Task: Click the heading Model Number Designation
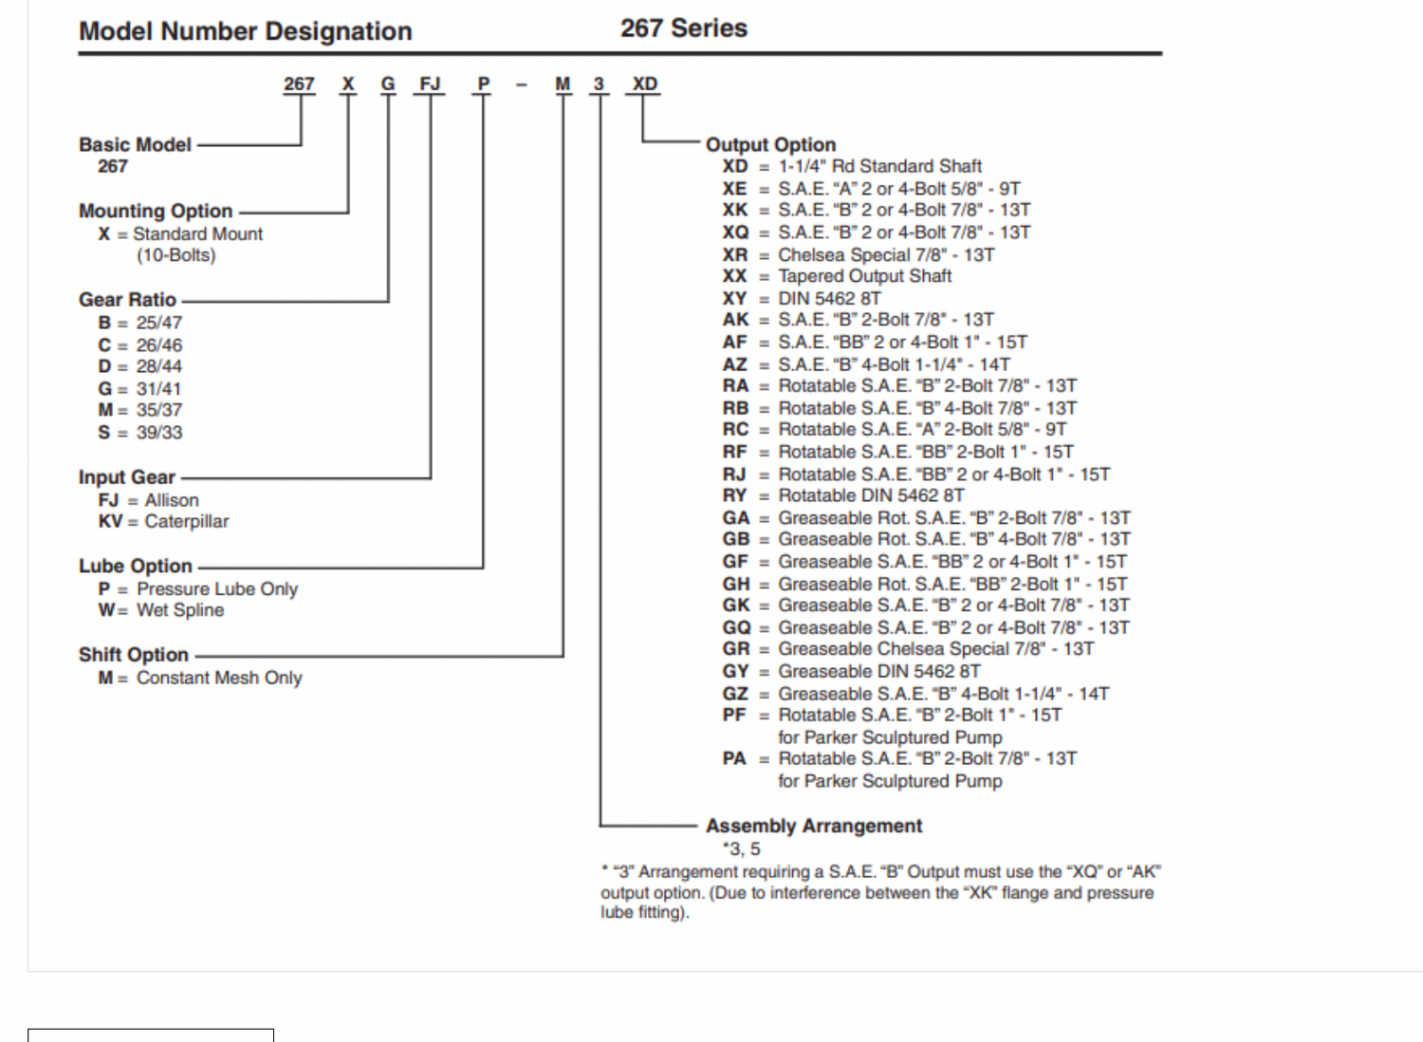point(245,31)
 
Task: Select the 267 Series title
point(683,28)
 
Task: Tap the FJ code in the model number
point(430,84)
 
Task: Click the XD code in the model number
point(644,84)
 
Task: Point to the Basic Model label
point(135,145)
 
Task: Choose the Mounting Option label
point(156,211)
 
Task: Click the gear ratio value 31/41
point(158,389)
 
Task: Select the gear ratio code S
point(104,433)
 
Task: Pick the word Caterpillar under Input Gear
point(187,521)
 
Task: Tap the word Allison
point(172,500)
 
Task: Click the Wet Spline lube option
point(180,610)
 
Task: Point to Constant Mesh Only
point(219,678)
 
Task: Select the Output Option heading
point(770,145)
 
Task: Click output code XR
point(734,255)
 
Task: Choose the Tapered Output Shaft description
point(864,276)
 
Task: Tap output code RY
point(734,495)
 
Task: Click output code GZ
point(735,694)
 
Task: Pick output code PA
point(734,758)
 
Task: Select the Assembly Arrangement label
point(814,827)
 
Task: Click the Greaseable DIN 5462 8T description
point(879,672)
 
